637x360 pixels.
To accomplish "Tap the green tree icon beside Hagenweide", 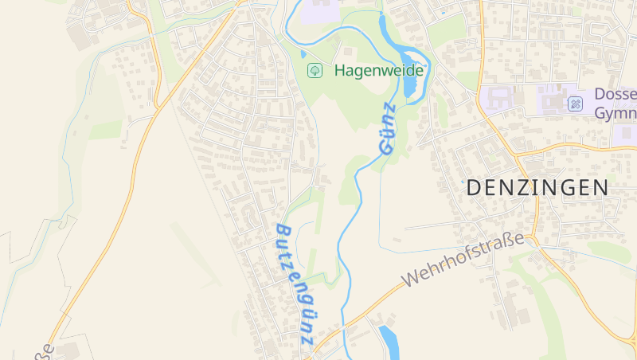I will [315, 70].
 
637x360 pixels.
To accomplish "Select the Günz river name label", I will [388, 127].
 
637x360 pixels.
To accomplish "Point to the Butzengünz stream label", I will [295, 284].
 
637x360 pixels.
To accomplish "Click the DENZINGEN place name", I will [537, 188].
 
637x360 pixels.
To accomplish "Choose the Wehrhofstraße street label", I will [466, 260].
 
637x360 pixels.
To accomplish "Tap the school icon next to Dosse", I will [575, 104].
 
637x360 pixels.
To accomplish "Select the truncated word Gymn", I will [616, 112].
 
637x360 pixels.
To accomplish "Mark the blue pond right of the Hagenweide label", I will [412, 80].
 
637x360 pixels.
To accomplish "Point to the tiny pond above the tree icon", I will [303, 54].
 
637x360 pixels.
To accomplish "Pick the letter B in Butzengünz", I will [281, 231].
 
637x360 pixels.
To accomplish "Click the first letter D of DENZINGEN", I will [473, 188].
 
